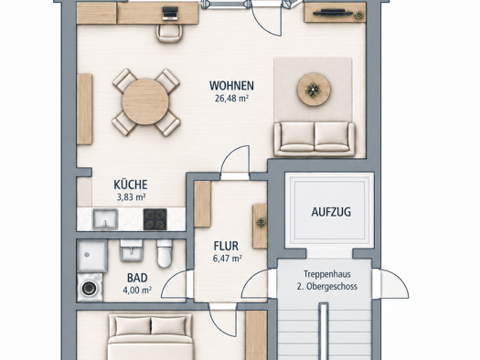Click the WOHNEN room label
tap(231, 86)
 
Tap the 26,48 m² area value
tap(231, 99)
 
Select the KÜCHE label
tap(131, 185)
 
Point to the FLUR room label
tap(226, 246)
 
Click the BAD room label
tap(137, 278)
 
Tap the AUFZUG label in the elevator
tap(331, 212)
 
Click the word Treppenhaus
tap(327, 274)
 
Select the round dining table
tap(145, 101)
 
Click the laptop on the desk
tap(170, 14)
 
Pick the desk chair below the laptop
tap(170, 33)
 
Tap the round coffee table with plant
tap(314, 90)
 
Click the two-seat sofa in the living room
tap(315, 139)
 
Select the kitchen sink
tap(105, 219)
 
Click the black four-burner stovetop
tap(155, 219)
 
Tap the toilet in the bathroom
tap(165, 253)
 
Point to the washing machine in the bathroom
tap(90, 288)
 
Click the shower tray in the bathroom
tap(92, 256)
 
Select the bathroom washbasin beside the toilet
tap(132, 250)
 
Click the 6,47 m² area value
tap(228, 259)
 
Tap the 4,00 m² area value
tap(137, 290)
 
